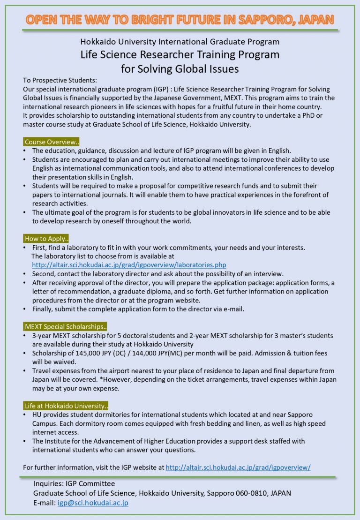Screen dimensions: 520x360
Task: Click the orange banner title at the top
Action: [x=180, y=20]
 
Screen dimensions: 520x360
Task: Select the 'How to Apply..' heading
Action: [x=46, y=239]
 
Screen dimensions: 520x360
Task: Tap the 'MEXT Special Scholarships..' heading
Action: [x=66, y=326]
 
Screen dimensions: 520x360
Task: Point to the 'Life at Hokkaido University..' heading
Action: [x=66, y=406]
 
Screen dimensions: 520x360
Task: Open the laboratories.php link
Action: [x=129, y=265]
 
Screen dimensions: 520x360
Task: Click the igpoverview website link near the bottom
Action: [x=238, y=467]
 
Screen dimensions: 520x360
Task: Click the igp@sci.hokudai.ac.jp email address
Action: [x=93, y=503]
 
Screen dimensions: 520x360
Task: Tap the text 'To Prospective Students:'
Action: [x=60, y=80]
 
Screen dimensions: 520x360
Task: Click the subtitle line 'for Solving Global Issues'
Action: [x=180, y=68]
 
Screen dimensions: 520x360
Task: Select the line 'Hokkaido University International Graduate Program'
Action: [x=180, y=42]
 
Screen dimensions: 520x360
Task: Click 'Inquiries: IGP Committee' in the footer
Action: [x=74, y=483]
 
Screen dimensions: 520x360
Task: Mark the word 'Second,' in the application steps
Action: [x=44, y=274]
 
